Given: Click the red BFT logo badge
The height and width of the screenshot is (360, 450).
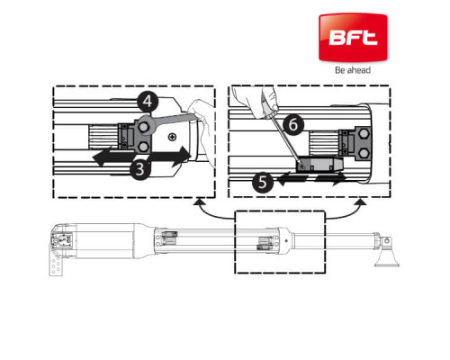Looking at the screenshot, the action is tap(353, 37).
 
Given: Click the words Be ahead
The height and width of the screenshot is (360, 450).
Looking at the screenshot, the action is tap(353, 70).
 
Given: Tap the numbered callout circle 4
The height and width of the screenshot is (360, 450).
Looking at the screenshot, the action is tap(148, 102).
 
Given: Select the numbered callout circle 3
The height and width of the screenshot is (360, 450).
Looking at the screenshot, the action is tap(140, 169).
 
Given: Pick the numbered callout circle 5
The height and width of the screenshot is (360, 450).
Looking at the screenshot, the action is tap(263, 182).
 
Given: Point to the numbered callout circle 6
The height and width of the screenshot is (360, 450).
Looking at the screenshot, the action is tap(293, 124).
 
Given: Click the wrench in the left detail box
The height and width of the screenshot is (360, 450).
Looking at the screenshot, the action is tap(165, 122).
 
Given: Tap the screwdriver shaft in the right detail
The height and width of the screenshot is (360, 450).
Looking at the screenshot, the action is tap(286, 142).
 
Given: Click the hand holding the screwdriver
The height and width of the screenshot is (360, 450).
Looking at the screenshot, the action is tap(258, 101).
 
